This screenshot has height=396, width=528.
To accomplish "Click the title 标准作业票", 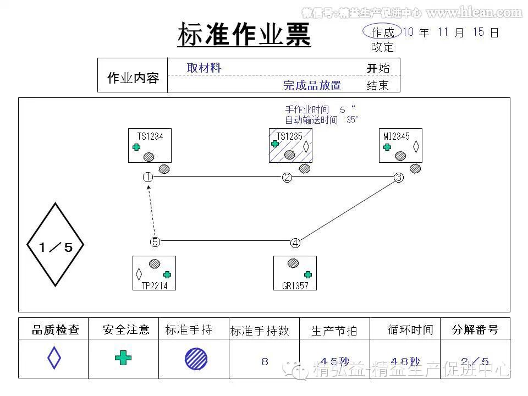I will click(244, 35).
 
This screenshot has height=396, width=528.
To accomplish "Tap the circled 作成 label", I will click(382, 32).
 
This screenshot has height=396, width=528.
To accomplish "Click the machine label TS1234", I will click(150, 136).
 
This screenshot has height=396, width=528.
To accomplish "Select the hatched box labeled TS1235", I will click(290, 146).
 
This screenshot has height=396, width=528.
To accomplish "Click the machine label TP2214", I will click(155, 285).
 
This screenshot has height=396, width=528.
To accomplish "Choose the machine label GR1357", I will click(295, 285).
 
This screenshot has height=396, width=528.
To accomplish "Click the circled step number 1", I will click(147, 177).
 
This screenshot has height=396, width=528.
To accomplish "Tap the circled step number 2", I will click(287, 178).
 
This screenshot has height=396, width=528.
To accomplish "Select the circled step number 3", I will click(399, 178).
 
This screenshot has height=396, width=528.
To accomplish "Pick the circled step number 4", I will click(295, 243).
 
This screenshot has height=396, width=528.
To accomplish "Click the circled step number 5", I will click(155, 241).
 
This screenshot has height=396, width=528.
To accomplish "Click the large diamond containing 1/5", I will click(56, 245).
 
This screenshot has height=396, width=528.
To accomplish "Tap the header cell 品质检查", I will click(55, 330).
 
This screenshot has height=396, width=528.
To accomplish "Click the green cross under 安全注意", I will click(123, 359).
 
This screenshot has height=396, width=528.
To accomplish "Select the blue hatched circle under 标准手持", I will click(196, 359).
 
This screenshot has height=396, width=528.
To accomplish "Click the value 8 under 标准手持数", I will click(265, 361).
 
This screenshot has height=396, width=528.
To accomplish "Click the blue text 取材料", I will click(204, 68).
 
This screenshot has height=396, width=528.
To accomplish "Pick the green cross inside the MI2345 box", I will click(387, 147).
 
